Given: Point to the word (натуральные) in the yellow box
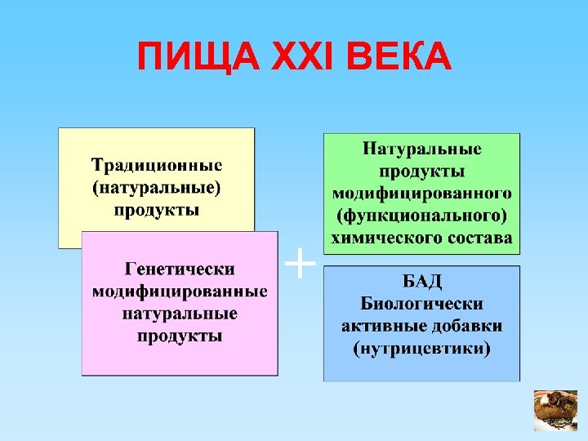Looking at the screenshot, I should (x=156, y=187).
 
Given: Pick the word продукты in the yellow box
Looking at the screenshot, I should (x=156, y=211).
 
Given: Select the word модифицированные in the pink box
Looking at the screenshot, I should (x=180, y=291).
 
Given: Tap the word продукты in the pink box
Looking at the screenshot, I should (x=180, y=336).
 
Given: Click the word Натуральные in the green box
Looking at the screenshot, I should (x=422, y=149).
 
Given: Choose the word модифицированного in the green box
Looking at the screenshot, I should (x=422, y=194).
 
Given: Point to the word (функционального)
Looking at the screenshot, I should (x=422, y=216).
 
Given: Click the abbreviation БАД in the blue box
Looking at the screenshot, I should (x=422, y=282).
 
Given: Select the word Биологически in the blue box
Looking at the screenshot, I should (x=422, y=304).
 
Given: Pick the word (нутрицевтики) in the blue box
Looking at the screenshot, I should (x=422, y=350).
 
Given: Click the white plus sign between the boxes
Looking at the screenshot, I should (x=300, y=263).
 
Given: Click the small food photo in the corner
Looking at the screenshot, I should (x=555, y=410).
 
